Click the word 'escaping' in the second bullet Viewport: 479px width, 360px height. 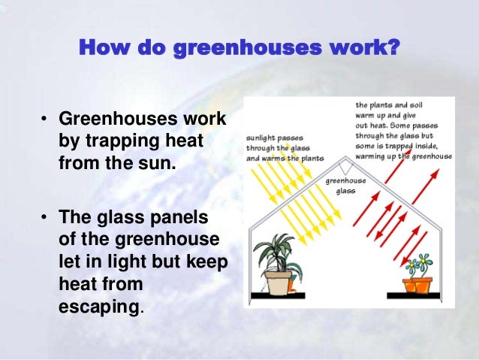tap(98, 307)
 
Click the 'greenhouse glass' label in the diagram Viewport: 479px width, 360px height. tap(345, 186)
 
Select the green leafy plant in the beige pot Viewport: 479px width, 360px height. tap(278, 248)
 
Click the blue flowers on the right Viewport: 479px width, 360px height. tap(418, 264)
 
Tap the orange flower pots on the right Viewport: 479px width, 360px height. tap(419, 285)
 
